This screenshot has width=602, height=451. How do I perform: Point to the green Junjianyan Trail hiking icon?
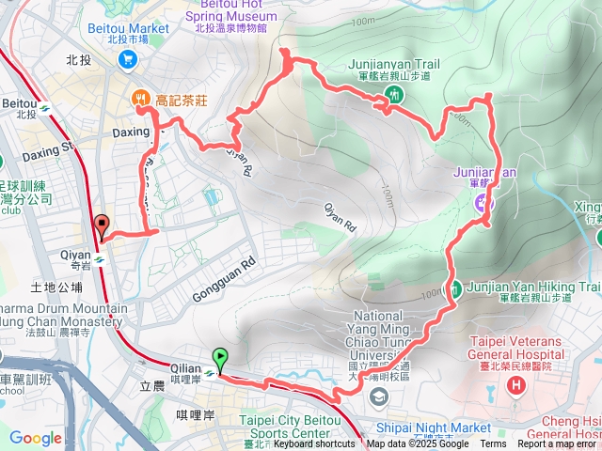[x=394, y=94]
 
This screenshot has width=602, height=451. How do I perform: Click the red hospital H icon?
[x=515, y=386]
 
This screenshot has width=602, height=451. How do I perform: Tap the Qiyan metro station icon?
[x=99, y=252]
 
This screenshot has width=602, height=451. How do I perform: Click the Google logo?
[x=36, y=438]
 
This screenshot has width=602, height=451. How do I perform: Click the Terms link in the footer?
[x=493, y=443]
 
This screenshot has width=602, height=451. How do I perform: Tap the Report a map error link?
[x=558, y=443]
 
